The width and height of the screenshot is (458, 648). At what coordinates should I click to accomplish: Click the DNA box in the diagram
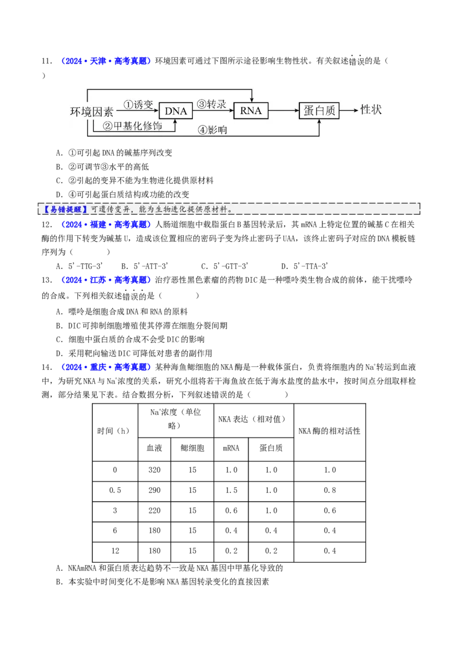tap(176, 110)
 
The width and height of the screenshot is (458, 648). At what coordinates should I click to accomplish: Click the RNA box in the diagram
tap(251, 110)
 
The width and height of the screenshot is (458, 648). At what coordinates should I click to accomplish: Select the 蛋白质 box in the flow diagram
tap(319, 110)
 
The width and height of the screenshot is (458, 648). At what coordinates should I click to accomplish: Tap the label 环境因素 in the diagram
tap(92, 112)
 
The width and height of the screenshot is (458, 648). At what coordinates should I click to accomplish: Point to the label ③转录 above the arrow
tap(211, 104)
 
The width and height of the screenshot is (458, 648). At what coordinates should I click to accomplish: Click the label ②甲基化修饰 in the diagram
tap(132, 126)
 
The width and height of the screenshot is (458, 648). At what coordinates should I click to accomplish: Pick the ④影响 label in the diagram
tap(212, 130)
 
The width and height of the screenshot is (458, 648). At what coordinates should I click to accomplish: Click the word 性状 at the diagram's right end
tap(371, 109)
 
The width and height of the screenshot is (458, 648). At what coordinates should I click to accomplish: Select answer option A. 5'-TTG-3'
tap(79, 266)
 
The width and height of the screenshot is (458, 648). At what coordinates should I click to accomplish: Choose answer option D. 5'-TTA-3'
tap(305, 266)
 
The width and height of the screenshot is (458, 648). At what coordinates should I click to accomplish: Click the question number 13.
tap(47, 280)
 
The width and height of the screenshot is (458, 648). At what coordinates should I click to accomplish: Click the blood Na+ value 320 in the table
tap(154, 471)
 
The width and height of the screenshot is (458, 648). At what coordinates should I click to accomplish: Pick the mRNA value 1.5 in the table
tap(231, 491)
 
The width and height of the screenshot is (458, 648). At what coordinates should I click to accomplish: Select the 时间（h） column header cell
tap(115, 431)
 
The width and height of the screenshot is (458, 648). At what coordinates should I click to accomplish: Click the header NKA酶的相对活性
tap(329, 431)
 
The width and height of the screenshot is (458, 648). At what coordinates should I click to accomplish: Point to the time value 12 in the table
tap(115, 551)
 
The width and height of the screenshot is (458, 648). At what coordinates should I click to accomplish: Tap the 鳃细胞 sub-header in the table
tap(192, 448)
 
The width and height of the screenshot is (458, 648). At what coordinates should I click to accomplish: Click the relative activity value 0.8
tap(329, 491)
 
